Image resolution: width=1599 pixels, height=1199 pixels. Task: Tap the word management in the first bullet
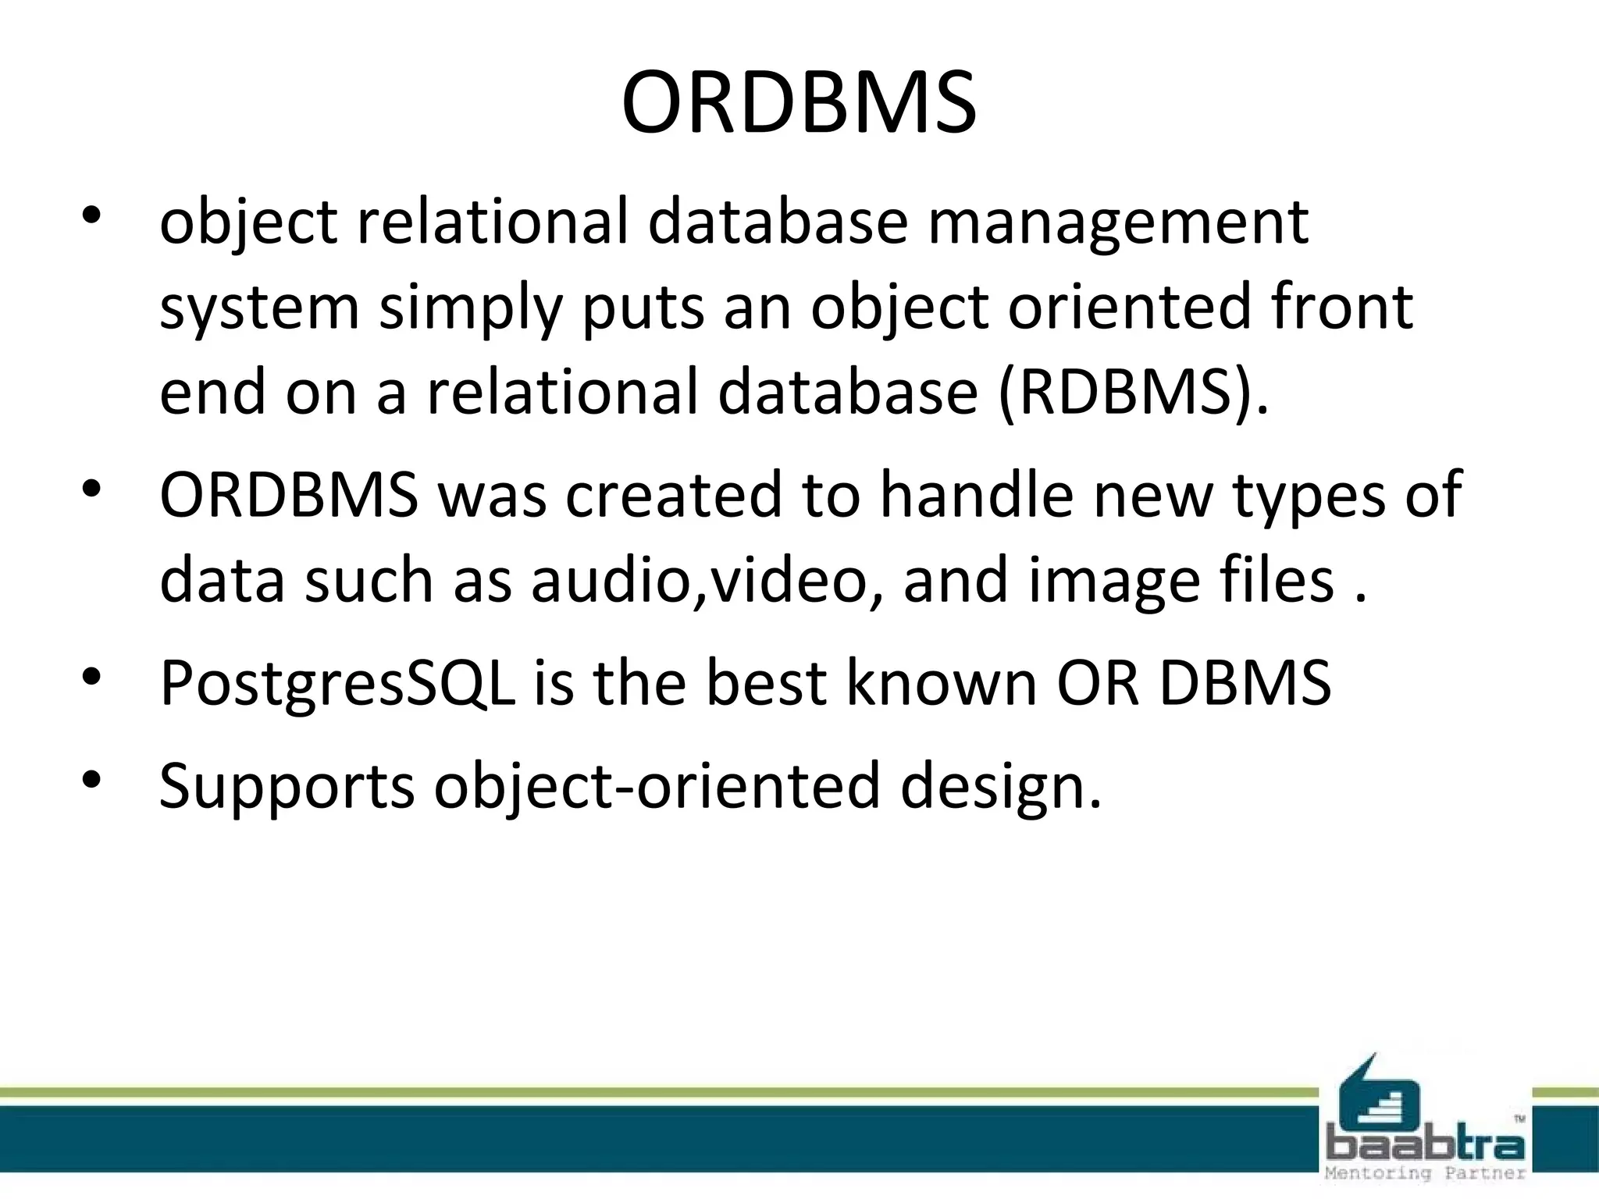[x=1117, y=222]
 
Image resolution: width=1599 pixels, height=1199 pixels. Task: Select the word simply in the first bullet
[x=471, y=308]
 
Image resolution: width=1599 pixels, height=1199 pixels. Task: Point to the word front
[x=1342, y=306]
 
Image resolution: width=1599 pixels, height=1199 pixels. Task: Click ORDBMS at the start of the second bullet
[x=289, y=495]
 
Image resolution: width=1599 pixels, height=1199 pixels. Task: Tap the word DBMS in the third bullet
[x=1245, y=683]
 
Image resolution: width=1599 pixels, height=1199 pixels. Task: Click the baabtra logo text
[x=1426, y=1146]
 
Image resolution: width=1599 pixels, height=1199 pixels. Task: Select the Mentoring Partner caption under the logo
[x=1426, y=1173]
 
